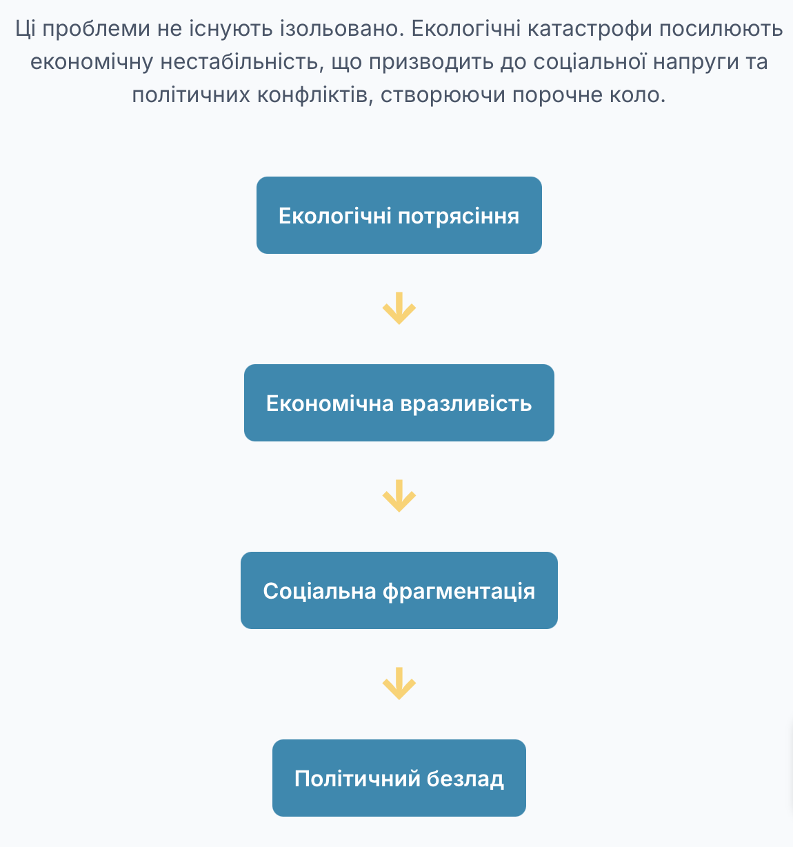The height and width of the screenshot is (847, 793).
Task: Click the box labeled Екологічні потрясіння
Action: tap(399, 215)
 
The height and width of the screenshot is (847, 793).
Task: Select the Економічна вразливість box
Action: tap(399, 403)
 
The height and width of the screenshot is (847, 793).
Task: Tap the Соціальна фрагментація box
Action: tap(399, 590)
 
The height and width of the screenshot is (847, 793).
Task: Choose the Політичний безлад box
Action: tap(399, 778)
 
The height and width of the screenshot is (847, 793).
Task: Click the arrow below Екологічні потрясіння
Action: tap(399, 308)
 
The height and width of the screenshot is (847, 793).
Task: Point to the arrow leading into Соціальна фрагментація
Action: tap(399, 496)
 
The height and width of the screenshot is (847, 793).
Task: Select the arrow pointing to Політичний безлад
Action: tap(399, 684)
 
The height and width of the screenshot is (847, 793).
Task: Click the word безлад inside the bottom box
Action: tap(465, 779)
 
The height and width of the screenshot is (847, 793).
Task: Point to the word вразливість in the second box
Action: tap(466, 403)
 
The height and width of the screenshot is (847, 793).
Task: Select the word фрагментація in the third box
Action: tap(459, 592)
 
